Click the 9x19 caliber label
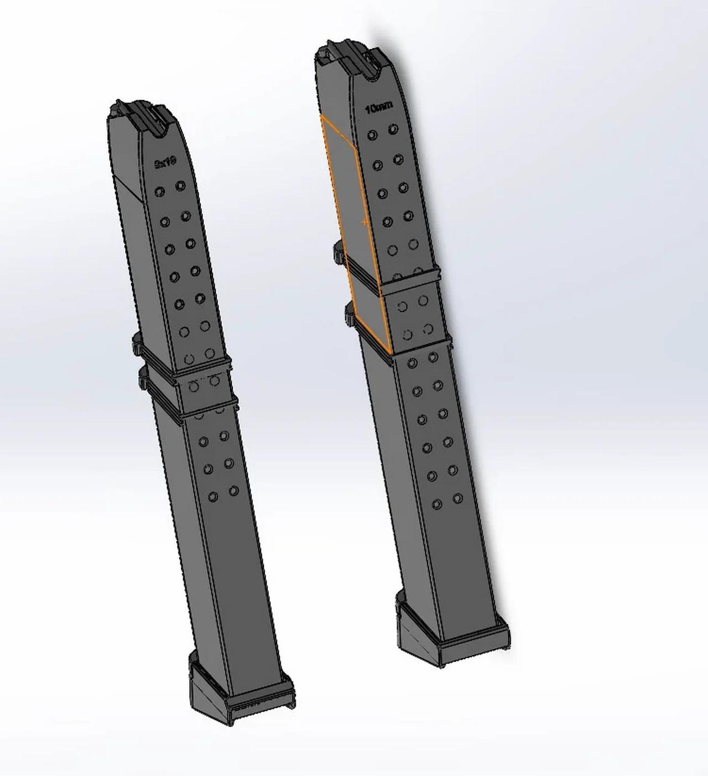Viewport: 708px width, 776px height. [x=165, y=162]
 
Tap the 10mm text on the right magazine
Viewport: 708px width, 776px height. [x=379, y=108]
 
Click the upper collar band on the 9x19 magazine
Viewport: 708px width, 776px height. [x=183, y=362]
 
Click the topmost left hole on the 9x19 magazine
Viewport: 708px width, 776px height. [x=159, y=191]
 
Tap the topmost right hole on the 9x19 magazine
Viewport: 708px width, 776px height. [x=180, y=186]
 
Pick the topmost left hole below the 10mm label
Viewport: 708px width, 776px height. [x=373, y=134]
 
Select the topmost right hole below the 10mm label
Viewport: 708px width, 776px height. [x=393, y=129]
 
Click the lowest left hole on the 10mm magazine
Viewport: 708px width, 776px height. [x=437, y=504]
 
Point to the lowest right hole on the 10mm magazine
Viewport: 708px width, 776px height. [x=457, y=498]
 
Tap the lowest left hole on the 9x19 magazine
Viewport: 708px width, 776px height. [x=213, y=497]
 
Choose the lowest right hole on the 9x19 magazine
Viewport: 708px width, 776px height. [x=233, y=491]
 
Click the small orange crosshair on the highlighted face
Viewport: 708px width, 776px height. [x=365, y=222]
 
